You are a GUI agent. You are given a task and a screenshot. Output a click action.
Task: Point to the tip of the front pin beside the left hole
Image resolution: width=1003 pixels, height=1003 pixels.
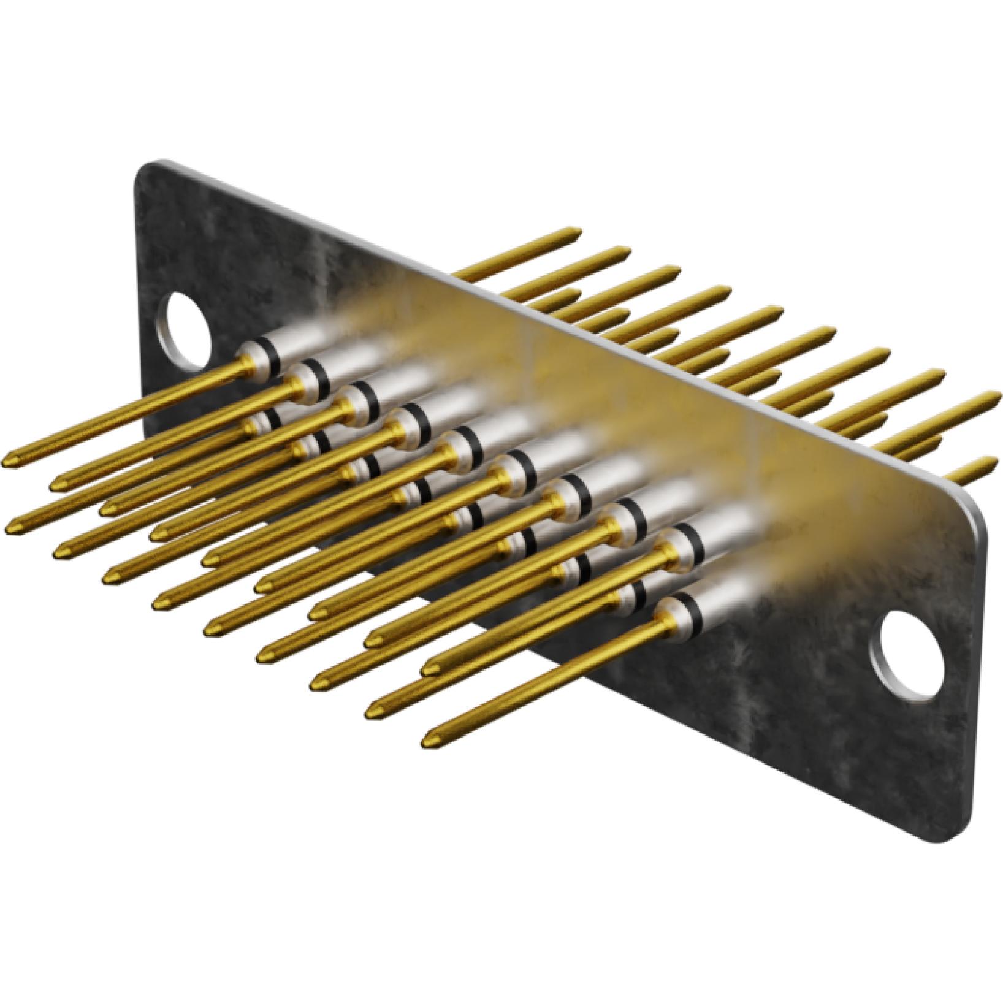(9, 459)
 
